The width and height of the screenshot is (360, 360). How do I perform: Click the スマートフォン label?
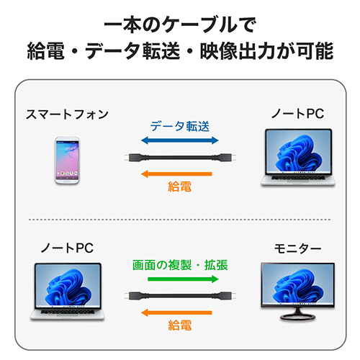[x=67, y=114]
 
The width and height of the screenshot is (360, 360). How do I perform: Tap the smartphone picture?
[x=67, y=161]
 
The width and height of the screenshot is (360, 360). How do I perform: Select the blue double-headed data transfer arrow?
[x=180, y=140]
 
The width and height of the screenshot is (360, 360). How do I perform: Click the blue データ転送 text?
[x=180, y=126]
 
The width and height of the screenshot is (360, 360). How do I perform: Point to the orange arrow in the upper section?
[x=176, y=174]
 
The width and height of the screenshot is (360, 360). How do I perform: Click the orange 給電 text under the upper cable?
[x=180, y=186]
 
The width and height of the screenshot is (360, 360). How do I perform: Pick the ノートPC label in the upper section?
[x=297, y=114]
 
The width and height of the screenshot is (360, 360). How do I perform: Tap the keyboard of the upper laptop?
[x=298, y=178]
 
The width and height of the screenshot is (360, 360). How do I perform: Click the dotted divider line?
[x=179, y=220]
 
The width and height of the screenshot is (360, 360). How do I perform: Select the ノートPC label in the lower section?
[x=67, y=248]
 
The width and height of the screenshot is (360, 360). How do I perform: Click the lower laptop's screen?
[x=68, y=286]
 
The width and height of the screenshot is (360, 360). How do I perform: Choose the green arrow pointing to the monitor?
[x=183, y=279]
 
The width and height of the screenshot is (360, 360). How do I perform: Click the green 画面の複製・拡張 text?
[x=180, y=265]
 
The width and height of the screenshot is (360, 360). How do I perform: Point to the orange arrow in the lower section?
[x=176, y=312]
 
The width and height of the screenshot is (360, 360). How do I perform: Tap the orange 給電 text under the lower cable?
[x=180, y=325]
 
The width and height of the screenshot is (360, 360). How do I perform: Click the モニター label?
[x=297, y=248]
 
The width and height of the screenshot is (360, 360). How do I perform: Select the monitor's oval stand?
[x=297, y=317]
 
